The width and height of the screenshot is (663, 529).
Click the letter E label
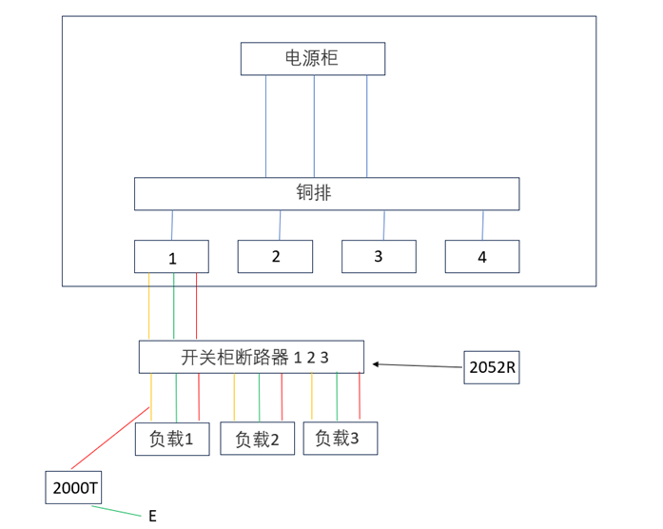coord(152,516)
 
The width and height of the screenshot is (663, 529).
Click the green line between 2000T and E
coord(116,511)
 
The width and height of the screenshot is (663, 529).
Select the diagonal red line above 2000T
coord(110,438)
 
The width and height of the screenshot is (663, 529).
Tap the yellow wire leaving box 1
coord(148,305)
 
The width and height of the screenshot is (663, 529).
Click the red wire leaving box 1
coord(196,305)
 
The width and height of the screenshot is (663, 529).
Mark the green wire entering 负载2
coord(259,398)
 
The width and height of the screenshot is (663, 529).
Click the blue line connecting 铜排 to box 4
coord(483,225)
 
